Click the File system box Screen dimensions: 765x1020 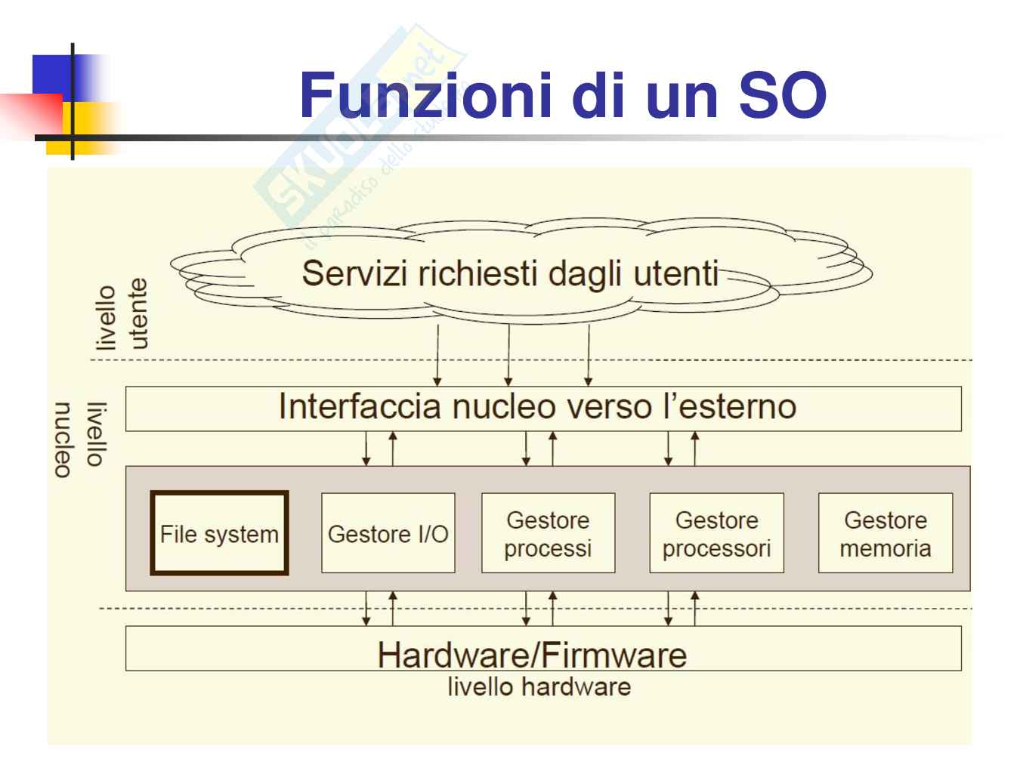pyautogui.click(x=219, y=533)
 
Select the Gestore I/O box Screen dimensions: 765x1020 pyautogui.click(x=388, y=533)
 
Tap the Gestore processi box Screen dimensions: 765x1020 pyautogui.click(x=548, y=533)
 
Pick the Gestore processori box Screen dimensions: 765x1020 pyautogui.click(x=716, y=533)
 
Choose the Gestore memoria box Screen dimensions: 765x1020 pyautogui.click(x=885, y=533)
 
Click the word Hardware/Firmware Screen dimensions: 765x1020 pyautogui.click(x=532, y=654)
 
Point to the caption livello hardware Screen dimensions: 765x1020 pyautogui.click(x=539, y=687)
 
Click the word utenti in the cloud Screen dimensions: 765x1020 pyautogui.click(x=675, y=273)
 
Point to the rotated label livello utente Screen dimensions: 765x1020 pyautogui.click(x=122, y=316)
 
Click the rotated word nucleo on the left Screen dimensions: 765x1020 pyautogui.click(x=63, y=440)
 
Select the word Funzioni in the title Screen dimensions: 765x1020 pyautogui.click(x=425, y=95)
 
